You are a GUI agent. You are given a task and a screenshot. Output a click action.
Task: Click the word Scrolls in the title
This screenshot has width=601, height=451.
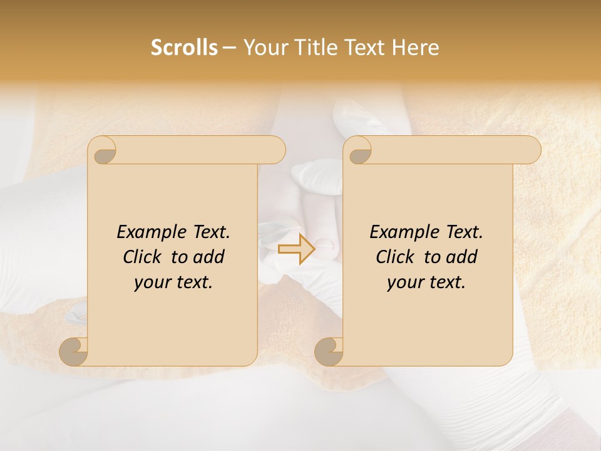pos(184,48)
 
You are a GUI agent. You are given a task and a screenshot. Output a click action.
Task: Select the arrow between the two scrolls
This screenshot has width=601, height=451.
pos(296,249)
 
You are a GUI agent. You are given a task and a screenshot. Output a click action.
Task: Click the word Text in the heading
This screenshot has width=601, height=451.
pos(364,48)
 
